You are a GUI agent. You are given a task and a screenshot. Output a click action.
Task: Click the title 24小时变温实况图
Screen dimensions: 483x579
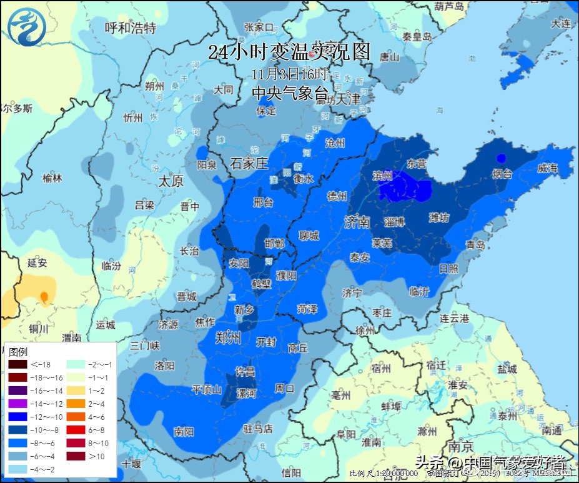pos(289,52)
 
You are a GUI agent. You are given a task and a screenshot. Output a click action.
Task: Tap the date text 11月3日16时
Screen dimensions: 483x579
pos(289,73)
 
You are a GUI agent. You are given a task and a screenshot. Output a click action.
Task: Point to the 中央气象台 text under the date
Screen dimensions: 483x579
pos(289,93)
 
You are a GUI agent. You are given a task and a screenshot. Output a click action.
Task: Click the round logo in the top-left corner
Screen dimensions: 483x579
pos(26,26)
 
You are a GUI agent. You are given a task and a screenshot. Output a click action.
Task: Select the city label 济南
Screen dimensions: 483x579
pos(357,222)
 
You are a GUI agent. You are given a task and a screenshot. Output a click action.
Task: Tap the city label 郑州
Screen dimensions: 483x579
pos(227,339)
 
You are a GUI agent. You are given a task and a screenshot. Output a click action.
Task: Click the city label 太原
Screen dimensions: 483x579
pos(171,181)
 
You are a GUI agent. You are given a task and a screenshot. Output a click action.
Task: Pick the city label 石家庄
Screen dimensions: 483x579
pos(249,164)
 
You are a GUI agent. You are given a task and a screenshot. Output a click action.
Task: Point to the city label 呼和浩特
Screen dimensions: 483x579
pos(130,28)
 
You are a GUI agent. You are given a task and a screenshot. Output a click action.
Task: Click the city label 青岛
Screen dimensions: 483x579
pos(475,246)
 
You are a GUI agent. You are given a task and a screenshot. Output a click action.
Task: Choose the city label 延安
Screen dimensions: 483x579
pos(37,263)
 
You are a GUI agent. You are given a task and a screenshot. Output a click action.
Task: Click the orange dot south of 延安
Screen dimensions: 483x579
pos(44,296)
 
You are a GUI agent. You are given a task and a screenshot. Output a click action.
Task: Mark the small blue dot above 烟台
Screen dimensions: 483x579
pos(500,157)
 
